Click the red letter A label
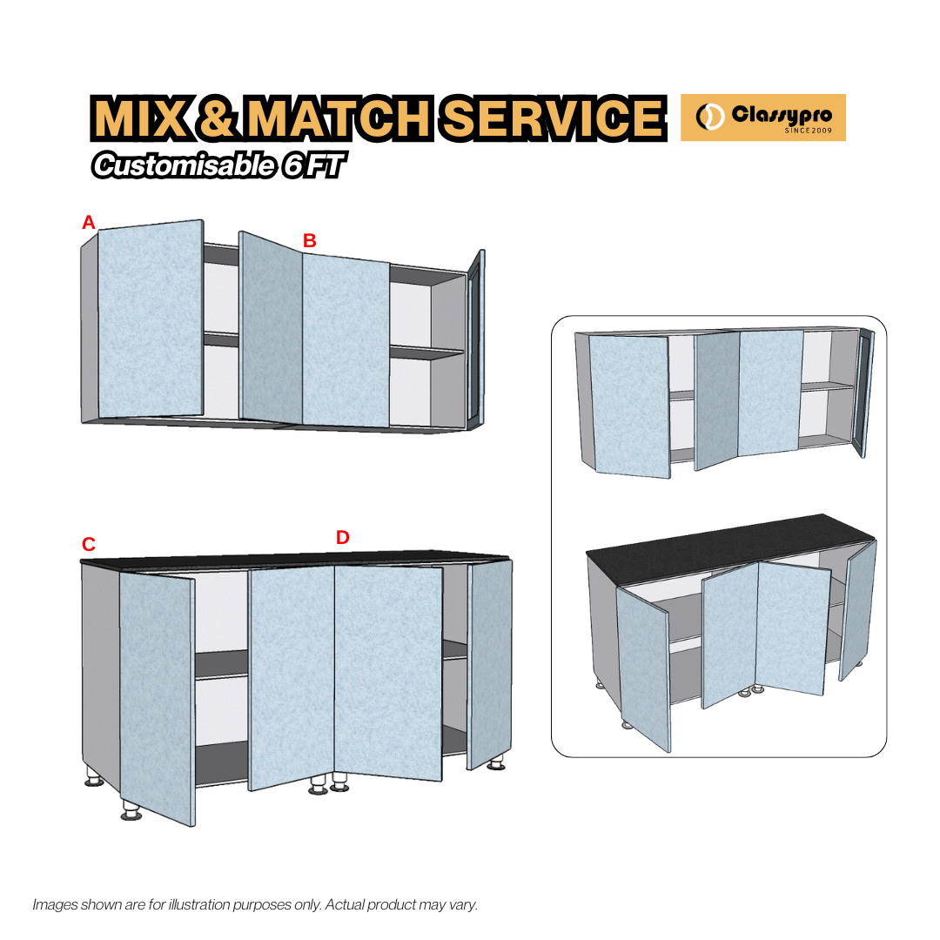click(x=88, y=223)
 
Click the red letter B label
click(x=309, y=240)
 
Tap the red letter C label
click(x=88, y=545)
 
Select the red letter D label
click(x=342, y=538)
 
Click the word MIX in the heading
click(x=139, y=118)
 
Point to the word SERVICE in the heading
click(x=550, y=118)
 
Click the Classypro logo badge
click(x=762, y=117)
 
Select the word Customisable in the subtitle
click(x=183, y=165)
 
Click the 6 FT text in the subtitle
click(x=309, y=165)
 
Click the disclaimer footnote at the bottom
click(x=255, y=904)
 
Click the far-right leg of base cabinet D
click(x=497, y=764)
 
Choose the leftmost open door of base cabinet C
click(x=157, y=696)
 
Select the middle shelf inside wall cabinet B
click(x=426, y=352)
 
